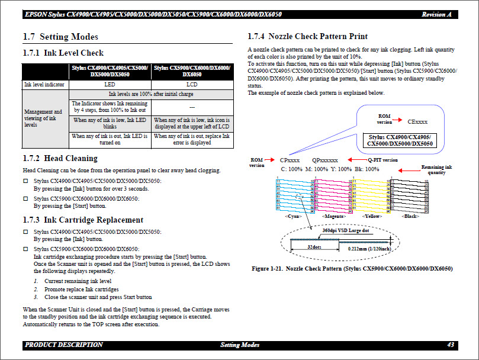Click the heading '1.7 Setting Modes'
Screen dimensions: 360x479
point(60,37)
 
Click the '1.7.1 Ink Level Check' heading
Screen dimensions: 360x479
point(63,53)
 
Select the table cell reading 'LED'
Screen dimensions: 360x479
point(110,85)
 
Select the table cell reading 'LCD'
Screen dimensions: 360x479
point(192,85)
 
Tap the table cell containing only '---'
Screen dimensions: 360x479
point(192,107)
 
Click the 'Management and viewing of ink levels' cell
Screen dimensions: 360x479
point(45,118)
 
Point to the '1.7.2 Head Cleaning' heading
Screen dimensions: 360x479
point(60,159)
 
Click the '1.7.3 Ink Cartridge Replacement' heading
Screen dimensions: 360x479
point(83,220)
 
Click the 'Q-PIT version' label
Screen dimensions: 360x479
point(382,160)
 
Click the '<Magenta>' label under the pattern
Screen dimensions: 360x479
point(335,217)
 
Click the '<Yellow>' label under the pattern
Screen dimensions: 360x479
point(372,217)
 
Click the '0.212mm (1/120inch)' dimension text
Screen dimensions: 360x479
point(368,249)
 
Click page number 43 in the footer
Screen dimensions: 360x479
point(451,345)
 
